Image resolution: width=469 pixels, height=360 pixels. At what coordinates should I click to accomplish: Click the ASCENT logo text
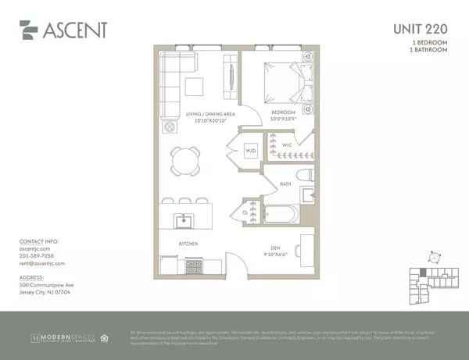pos(74,32)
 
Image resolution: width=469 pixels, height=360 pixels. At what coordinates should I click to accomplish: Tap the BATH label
pos(286,184)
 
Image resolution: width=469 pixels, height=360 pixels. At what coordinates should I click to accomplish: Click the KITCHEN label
pos(188,244)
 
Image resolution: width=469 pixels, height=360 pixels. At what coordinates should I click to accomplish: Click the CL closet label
pos(245,210)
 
